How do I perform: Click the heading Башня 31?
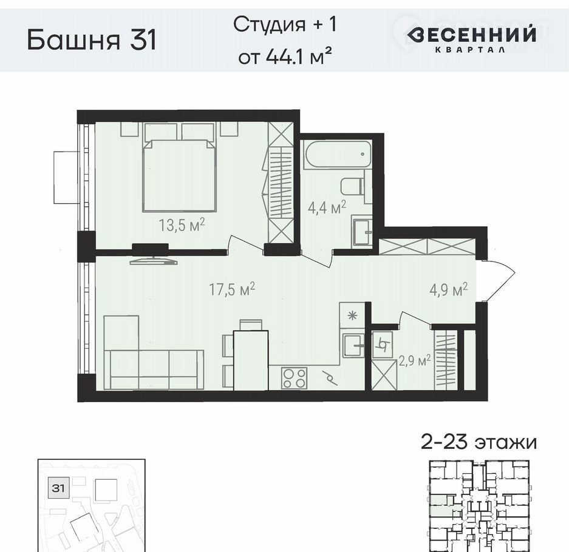92,40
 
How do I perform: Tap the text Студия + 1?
285,25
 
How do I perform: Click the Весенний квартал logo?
471,38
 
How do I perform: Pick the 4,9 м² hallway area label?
448,290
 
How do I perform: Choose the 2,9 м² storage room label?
415,361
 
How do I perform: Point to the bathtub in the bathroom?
338,155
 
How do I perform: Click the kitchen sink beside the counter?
353,345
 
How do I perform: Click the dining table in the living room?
251,360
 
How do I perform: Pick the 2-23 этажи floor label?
479,442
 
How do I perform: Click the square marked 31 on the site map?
58,488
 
